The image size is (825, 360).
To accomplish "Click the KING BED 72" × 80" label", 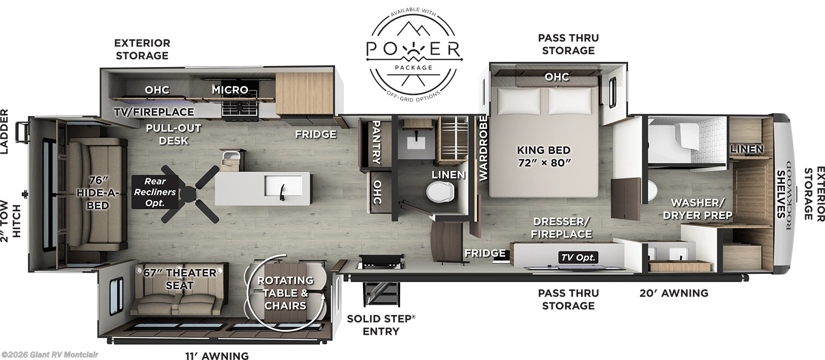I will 544,157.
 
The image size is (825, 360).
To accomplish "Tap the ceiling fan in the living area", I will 189,192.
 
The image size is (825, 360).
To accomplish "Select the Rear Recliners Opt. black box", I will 155,192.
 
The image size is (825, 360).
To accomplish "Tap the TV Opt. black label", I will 579,257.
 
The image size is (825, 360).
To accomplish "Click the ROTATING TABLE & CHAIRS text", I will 285,293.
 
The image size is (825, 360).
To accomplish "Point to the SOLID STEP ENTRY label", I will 381,324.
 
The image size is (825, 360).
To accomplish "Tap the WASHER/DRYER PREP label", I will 698,209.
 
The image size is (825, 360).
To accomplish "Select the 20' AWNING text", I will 673,293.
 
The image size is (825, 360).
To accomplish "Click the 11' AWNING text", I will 217,355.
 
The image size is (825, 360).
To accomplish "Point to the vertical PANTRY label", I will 376,142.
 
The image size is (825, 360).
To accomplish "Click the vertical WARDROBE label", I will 483,148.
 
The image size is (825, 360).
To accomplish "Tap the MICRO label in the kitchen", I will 230,90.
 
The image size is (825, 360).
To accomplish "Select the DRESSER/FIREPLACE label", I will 562,227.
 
